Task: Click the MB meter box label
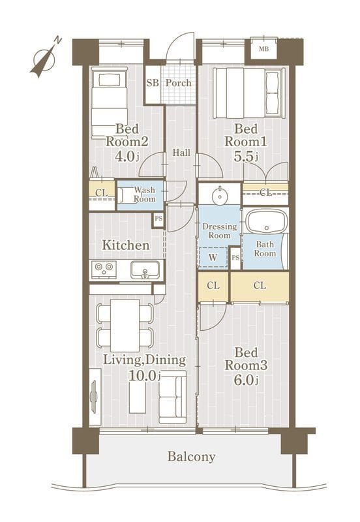point(264,50)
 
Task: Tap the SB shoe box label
point(153,83)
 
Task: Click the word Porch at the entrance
point(179,83)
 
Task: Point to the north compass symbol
point(45,59)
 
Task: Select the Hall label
point(181,153)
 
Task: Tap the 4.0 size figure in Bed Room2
point(126,156)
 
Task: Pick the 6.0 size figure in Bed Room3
point(246,380)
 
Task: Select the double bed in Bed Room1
point(249,93)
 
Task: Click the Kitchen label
point(125,245)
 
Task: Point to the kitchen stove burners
point(104,269)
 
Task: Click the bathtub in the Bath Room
point(266,221)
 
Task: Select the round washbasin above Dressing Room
point(220,194)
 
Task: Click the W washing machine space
point(213,257)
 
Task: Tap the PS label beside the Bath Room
point(235,257)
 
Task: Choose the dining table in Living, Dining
point(125,325)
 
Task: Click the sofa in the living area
point(172,397)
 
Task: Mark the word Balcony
point(191,457)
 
